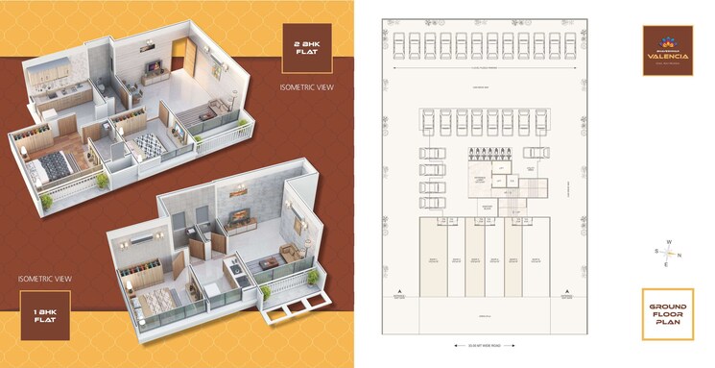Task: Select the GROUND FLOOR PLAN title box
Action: (667, 314)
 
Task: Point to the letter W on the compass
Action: (668, 243)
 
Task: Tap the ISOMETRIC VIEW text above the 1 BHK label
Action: (44, 279)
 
